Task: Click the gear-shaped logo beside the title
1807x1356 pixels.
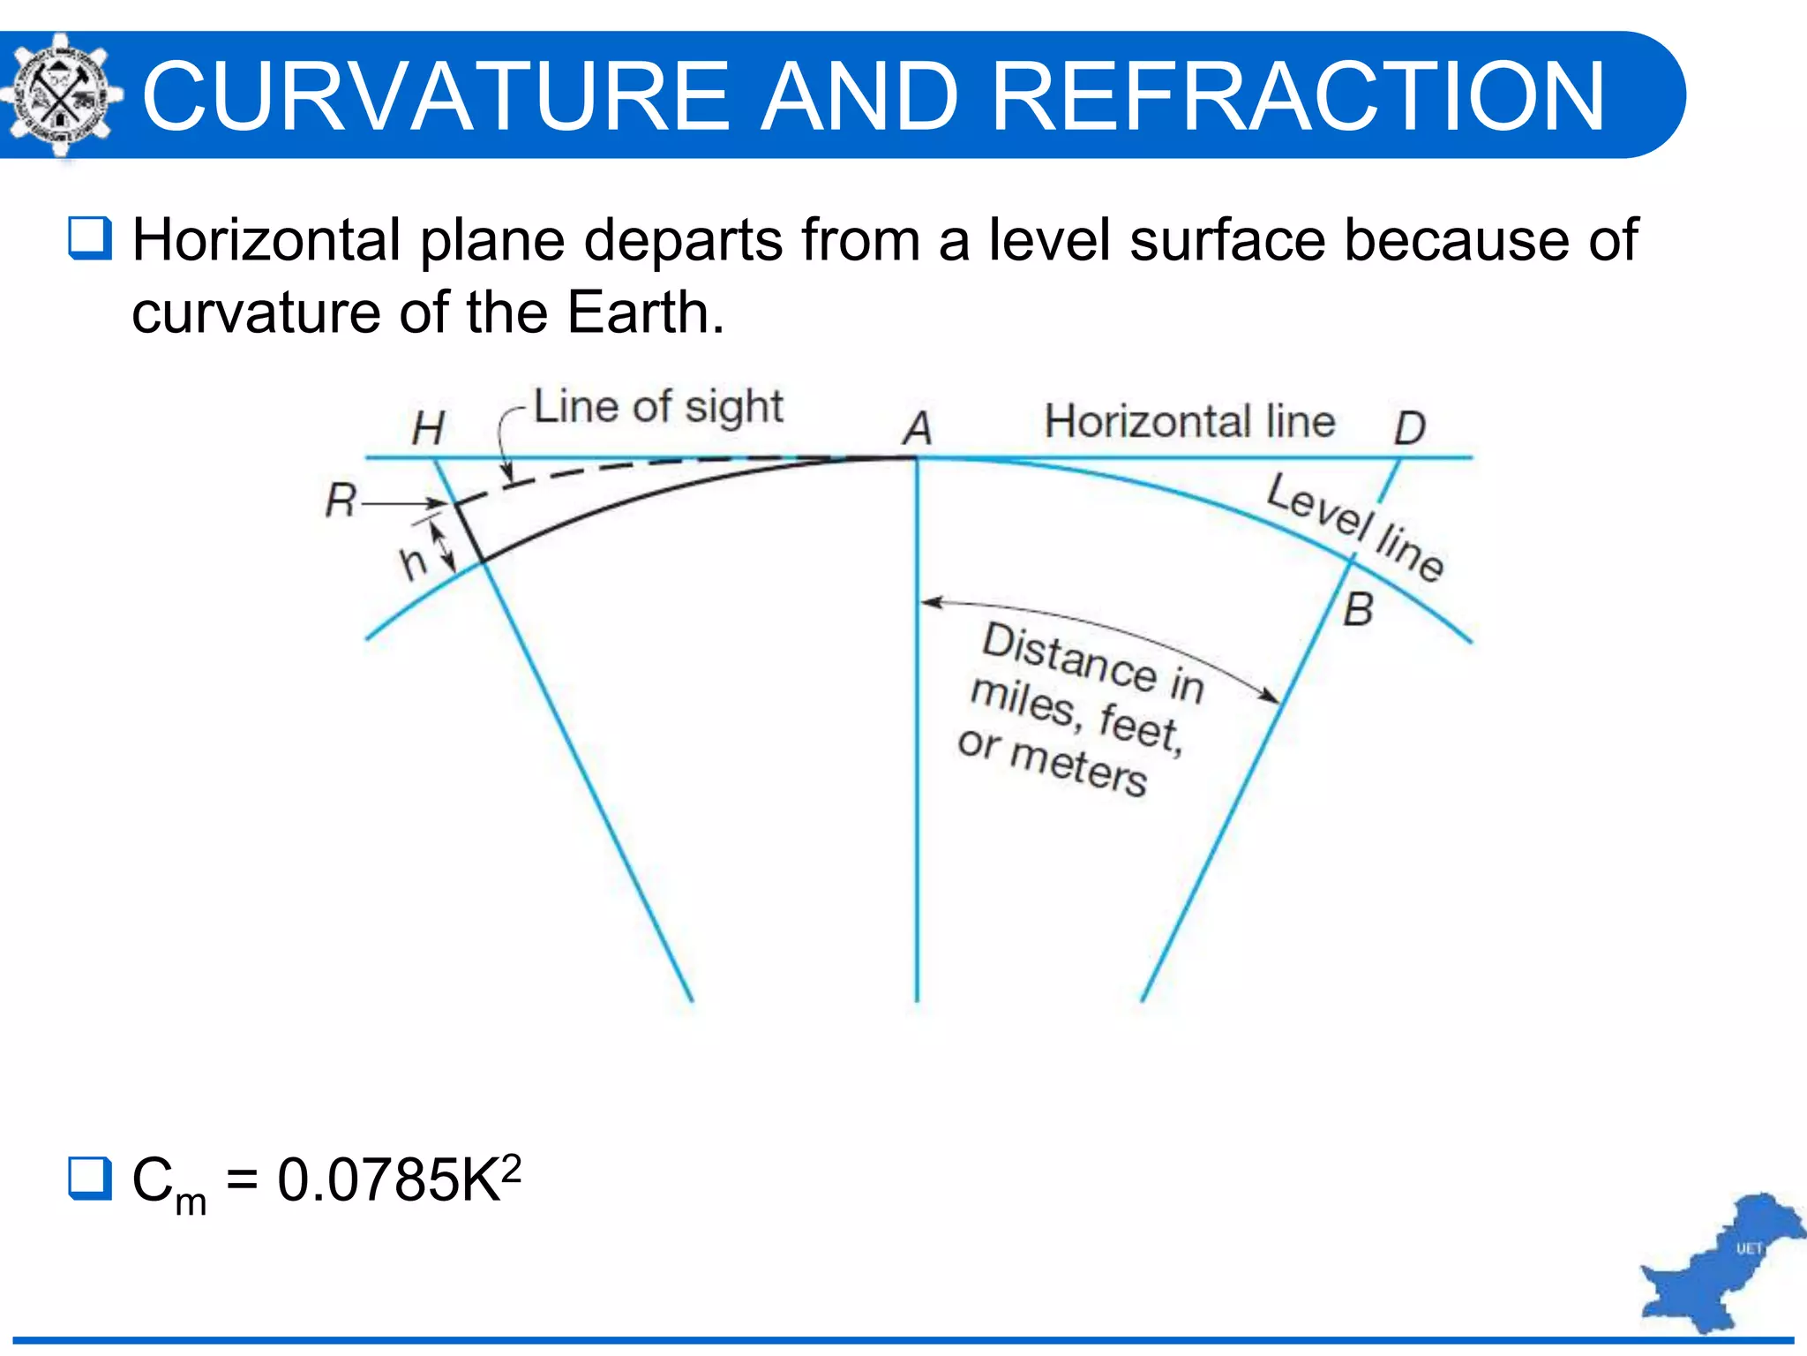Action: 60,95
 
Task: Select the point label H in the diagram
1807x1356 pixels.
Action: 428,428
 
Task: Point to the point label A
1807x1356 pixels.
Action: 917,428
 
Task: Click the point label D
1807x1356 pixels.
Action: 1409,428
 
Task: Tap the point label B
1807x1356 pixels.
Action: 1359,609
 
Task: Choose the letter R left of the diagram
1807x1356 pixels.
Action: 341,501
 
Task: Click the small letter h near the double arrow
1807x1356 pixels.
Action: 413,562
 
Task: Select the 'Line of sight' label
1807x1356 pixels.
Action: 657,407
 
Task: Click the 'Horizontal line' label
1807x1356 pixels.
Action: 1188,421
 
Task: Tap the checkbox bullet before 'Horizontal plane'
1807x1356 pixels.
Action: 90,238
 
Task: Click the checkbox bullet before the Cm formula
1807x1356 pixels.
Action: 90,1179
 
